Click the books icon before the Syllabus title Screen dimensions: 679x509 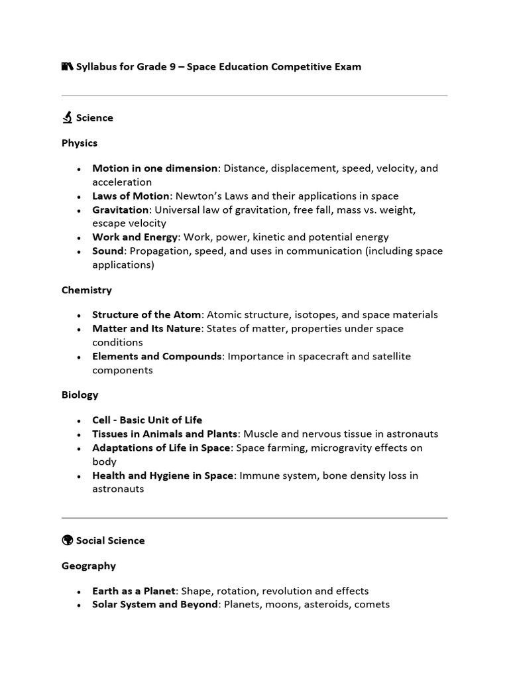point(67,67)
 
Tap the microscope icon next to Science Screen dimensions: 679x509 point(67,118)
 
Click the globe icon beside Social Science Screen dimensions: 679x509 point(67,540)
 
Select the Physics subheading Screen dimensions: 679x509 point(80,143)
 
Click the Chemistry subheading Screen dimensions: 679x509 point(87,290)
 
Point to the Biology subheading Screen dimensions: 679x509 point(80,395)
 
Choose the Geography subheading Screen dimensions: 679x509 point(89,566)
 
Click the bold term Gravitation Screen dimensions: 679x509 point(120,210)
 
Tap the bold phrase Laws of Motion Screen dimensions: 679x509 point(131,196)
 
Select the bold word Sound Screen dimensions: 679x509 point(108,251)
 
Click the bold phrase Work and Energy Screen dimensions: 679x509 point(135,237)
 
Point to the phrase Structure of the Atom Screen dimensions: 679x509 point(146,315)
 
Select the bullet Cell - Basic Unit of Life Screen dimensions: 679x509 point(147,420)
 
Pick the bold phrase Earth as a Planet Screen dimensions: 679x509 point(134,591)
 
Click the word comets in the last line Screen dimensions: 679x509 point(373,605)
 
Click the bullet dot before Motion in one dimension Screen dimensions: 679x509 point(79,169)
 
